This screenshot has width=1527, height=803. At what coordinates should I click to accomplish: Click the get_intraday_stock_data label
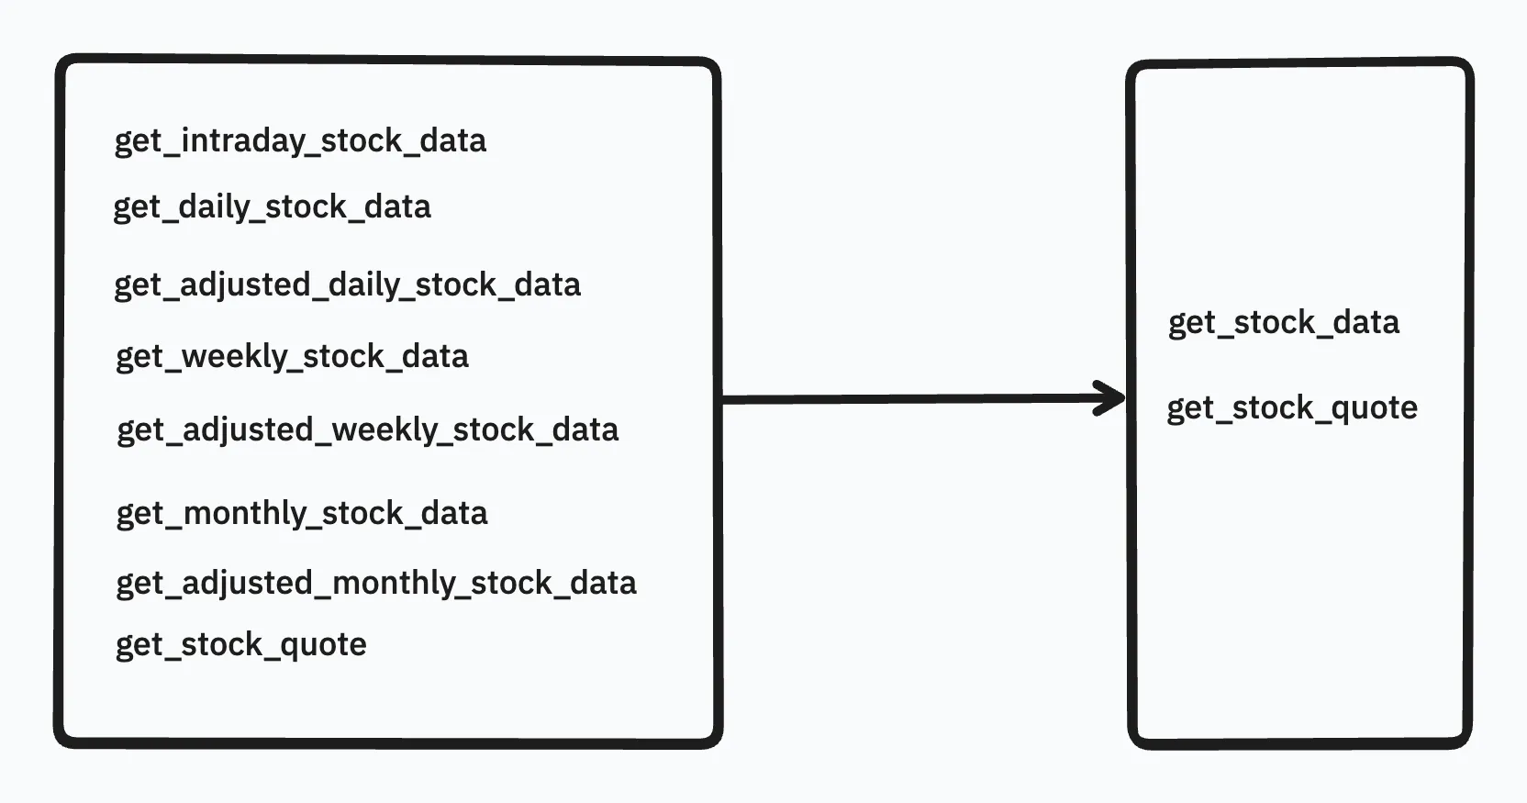[x=300, y=141]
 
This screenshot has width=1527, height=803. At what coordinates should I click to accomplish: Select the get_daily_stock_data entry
[x=272, y=207]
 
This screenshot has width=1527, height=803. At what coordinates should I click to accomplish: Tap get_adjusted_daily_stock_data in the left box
[x=347, y=285]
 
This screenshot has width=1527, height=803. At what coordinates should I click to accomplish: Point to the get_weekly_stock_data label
[x=292, y=357]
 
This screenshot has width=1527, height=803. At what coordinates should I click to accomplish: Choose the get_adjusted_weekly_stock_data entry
[x=367, y=430]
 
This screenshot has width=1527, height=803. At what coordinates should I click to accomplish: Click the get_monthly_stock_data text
[x=301, y=514]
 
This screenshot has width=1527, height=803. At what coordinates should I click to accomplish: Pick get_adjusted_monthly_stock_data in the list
[x=375, y=584]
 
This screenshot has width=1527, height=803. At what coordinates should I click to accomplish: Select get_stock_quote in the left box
[x=240, y=645]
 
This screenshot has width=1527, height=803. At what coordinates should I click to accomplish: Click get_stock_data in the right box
[x=1283, y=323]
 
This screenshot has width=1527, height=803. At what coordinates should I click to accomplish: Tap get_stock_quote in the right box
[x=1291, y=408]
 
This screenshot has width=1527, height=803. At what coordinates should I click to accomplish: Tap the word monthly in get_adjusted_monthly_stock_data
[x=394, y=584]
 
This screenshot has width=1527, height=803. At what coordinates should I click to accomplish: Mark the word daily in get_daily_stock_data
[x=215, y=207]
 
